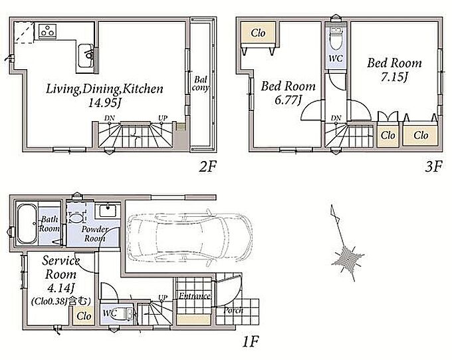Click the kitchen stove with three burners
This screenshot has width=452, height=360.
48,31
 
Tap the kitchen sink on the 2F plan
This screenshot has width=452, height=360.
86,56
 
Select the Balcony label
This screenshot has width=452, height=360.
200,83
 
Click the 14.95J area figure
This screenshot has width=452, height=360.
104,103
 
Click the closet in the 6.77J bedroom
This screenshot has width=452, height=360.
258,33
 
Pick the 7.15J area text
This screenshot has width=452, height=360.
394,77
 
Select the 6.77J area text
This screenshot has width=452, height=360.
288,100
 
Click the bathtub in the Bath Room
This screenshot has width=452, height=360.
27,224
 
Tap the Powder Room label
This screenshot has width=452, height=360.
95,234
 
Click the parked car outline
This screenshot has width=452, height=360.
190,238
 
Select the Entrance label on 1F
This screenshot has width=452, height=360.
194,296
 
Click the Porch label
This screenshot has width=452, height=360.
233,311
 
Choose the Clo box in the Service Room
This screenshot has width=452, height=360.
84,316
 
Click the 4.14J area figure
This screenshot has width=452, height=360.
60,288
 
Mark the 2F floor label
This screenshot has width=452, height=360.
207,166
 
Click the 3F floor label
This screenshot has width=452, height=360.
433,166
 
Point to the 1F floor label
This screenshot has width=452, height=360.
250,342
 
